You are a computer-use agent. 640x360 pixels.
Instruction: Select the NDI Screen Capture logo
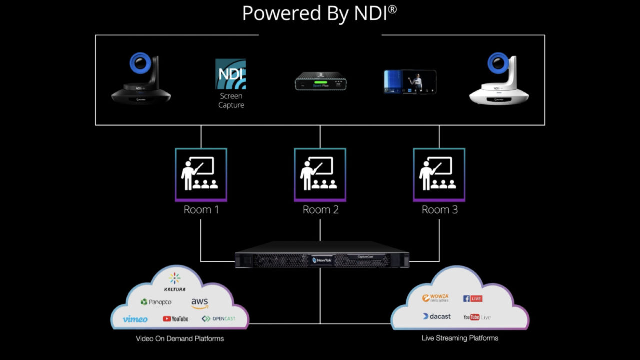[231, 75]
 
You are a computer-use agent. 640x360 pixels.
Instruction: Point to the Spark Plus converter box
[320, 81]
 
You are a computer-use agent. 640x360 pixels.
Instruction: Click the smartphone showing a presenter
[410, 82]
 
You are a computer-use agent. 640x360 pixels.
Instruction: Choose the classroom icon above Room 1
[201, 174]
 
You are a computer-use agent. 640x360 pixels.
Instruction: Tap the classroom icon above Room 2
[320, 174]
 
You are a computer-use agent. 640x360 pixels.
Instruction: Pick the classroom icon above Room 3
[439, 174]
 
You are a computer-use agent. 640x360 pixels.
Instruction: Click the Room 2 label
[320, 210]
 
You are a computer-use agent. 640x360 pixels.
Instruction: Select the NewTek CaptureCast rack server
[322, 257]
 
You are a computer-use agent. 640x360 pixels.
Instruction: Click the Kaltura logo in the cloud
[175, 282]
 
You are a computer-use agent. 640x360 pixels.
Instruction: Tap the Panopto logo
[156, 302]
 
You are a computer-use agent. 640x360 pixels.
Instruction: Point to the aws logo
[200, 303]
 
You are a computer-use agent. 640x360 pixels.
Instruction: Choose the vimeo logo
[135, 319]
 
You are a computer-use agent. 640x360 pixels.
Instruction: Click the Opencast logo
[218, 319]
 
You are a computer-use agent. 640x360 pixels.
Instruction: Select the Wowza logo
[435, 298]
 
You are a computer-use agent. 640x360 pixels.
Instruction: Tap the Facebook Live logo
[472, 298]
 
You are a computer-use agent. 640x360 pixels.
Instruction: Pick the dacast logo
[436, 316]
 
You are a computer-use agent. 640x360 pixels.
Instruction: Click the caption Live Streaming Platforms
[460, 338]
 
